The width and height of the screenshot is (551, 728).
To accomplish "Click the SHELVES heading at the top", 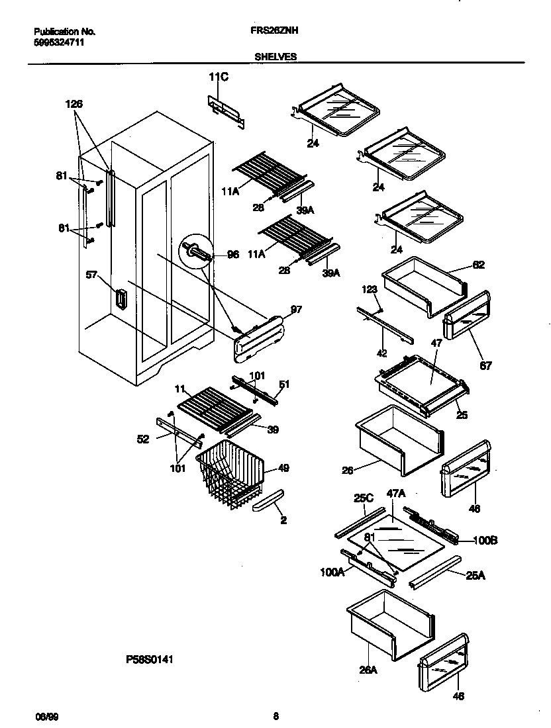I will [275, 57].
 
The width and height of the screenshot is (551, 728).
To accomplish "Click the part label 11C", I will [219, 78].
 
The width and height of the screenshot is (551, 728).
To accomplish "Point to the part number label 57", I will [92, 273].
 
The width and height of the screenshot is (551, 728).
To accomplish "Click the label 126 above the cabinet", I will [74, 104].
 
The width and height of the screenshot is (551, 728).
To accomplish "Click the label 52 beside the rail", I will [143, 438].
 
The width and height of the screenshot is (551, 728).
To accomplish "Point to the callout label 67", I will [487, 365].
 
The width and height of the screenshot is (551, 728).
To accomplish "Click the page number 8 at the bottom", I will [275, 715].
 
